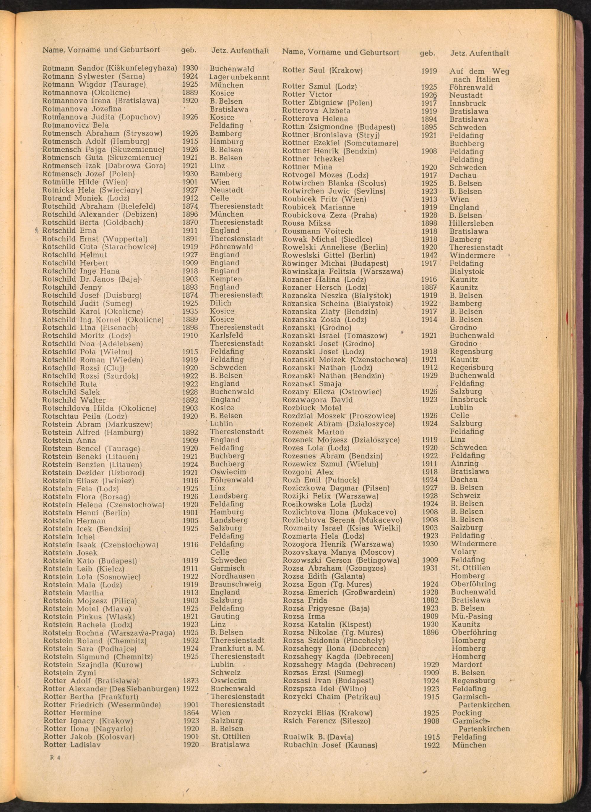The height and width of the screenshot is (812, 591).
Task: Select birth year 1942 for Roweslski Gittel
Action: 429,255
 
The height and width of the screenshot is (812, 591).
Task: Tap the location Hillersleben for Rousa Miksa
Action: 471,223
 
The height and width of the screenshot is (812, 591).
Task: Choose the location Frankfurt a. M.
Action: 237,648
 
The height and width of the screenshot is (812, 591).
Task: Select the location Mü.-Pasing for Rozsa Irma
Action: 472,616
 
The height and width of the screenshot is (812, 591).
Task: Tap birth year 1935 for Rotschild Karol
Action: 190,311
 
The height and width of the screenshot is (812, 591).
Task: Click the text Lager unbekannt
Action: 239,77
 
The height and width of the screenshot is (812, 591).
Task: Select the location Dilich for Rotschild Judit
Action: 220,303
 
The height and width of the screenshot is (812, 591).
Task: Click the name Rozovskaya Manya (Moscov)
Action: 338,552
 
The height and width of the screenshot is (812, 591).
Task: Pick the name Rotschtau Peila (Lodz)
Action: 85,416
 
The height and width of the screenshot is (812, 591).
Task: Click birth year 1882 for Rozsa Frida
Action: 430,600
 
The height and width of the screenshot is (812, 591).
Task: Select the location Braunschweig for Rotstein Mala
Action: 236,584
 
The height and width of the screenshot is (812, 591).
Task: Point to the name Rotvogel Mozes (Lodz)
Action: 325,175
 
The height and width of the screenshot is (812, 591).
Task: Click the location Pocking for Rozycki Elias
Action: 467,713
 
